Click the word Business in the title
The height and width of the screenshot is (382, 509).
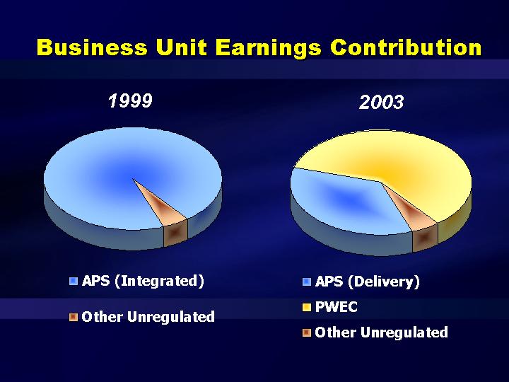(92, 47)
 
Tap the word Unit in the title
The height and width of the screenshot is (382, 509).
(182, 47)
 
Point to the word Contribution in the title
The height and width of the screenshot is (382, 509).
(406, 47)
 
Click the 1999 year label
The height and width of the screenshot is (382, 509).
(130, 100)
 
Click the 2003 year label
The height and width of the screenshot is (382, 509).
(382, 102)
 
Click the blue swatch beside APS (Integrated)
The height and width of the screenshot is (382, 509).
(74, 282)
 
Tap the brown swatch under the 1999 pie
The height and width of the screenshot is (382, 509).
(74, 317)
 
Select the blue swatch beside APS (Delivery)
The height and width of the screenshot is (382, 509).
(306, 282)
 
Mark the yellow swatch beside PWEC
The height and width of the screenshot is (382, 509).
(306, 307)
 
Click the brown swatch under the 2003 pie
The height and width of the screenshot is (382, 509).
(306, 332)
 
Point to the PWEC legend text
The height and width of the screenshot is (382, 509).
(337, 307)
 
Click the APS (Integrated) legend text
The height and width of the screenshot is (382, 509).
(143, 282)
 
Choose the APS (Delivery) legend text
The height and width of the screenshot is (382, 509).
(367, 282)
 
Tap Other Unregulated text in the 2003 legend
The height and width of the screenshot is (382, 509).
(382, 332)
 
